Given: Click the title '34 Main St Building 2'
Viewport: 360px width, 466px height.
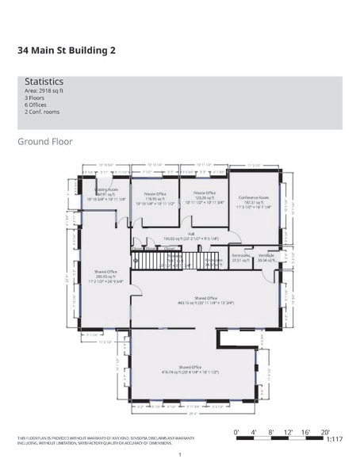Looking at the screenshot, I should [67, 50].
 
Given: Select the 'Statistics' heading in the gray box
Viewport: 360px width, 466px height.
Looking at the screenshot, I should [44, 82].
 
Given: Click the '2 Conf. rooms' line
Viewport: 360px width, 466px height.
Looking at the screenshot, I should [41, 112].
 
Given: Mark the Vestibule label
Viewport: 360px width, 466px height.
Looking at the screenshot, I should [266, 257].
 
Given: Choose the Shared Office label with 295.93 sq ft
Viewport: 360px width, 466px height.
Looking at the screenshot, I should [106, 273].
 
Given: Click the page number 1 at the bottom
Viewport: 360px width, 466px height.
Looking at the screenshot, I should [180, 454].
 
